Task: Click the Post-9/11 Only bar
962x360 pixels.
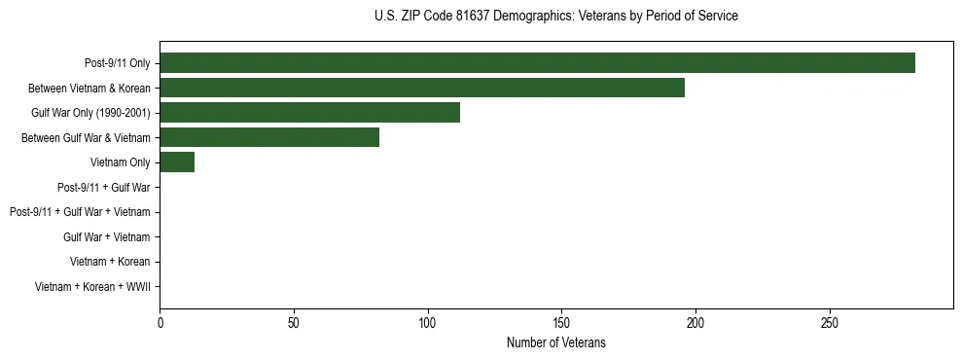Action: tap(537, 62)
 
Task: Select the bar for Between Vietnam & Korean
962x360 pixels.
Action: tap(422, 88)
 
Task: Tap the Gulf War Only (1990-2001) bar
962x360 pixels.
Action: tap(309, 113)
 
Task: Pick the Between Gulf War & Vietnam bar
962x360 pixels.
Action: tap(269, 137)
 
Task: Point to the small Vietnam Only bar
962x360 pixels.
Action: tap(177, 162)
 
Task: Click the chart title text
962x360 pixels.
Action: tap(555, 17)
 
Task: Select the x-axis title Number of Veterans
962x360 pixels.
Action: tap(555, 342)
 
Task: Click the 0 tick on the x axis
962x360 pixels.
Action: tap(160, 323)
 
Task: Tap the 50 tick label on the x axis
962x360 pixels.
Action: tap(294, 323)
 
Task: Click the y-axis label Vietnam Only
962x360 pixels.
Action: tap(120, 162)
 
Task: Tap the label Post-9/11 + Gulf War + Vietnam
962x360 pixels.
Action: tap(80, 212)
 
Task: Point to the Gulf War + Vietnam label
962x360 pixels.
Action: tap(106, 237)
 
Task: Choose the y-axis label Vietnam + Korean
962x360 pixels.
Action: tap(110, 262)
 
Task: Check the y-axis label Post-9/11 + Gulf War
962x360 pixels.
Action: tap(103, 188)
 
